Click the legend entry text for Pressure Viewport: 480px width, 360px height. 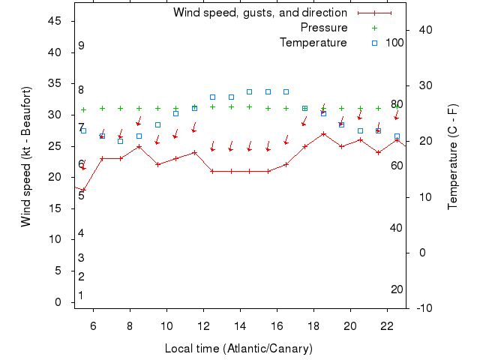324,28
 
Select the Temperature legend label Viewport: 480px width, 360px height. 313,43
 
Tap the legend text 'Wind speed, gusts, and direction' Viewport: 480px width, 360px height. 259,13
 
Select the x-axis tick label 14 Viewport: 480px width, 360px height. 240,325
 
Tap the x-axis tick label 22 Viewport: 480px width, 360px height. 387,325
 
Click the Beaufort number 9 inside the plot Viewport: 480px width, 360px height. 81,46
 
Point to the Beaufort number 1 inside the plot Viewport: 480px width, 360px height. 81,295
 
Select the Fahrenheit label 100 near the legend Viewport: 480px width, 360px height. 394,43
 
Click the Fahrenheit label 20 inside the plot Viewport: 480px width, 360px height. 397,289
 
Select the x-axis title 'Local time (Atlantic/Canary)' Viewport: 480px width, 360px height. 238,349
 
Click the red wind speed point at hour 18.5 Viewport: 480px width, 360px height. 323,133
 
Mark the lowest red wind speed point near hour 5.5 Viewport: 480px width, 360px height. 83,190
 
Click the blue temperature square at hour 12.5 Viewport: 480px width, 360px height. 213,97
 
